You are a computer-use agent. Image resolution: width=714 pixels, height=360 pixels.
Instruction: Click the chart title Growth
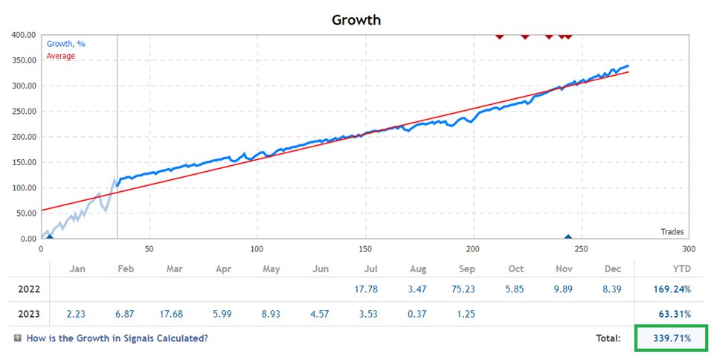356,19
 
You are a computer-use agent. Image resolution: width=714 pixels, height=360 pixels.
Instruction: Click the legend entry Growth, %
65,44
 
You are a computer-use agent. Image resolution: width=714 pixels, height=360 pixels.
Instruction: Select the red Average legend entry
60,56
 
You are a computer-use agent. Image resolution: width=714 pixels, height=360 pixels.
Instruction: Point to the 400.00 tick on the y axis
22,35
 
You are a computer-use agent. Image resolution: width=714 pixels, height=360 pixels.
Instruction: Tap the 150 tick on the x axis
365,248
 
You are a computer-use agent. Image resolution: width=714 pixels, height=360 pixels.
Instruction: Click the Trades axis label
672,231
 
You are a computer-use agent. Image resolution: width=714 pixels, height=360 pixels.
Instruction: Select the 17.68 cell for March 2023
174,313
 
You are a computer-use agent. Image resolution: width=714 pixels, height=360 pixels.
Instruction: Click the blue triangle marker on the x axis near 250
567,237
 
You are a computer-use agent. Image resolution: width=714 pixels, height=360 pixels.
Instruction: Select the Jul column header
370,269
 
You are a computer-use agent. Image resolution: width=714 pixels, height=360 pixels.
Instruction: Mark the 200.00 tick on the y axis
22,137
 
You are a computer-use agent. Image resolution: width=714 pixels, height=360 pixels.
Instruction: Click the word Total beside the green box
608,338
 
